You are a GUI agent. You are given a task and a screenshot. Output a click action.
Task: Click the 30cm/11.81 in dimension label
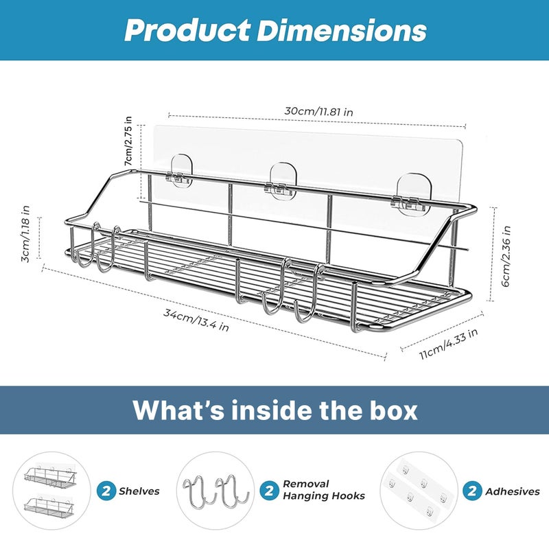coord(318,112)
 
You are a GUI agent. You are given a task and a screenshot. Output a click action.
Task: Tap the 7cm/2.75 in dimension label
coord(128,141)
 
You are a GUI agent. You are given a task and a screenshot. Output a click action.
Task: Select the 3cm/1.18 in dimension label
coord(25,234)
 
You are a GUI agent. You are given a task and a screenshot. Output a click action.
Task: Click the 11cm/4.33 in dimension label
coord(449,344)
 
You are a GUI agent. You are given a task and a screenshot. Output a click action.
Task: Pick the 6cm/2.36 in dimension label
coord(506,257)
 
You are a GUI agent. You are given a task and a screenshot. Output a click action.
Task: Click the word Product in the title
coord(187,30)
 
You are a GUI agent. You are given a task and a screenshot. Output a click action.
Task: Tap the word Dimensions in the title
coord(342,30)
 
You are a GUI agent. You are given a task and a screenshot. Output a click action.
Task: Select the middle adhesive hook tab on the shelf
coord(283,181)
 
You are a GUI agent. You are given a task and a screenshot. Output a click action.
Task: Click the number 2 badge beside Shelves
coord(106,491)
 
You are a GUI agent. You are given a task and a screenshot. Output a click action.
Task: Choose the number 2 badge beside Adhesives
coord(471,491)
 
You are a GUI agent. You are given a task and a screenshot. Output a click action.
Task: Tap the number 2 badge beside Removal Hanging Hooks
coord(269,491)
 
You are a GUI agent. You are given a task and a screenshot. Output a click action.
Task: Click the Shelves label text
coord(139,491)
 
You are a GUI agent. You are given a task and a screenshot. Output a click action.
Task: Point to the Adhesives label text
coord(512,491)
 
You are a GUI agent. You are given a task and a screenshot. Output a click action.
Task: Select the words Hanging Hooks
coord(323,496)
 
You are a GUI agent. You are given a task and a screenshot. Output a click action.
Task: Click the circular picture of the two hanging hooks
coord(215,491)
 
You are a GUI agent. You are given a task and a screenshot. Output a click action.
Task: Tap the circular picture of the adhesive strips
coord(419,491)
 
